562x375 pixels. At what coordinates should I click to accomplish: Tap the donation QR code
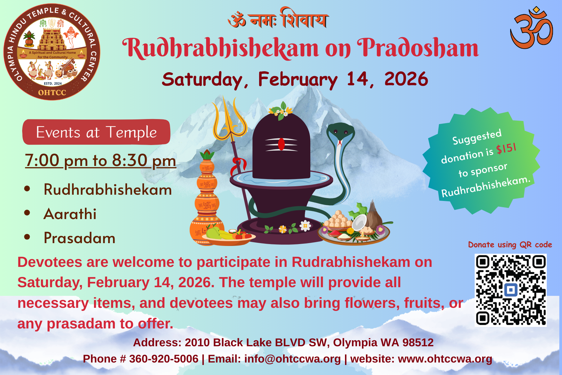tap(510, 290)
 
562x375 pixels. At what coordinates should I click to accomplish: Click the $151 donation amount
tap(506, 148)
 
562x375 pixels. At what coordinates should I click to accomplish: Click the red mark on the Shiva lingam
tap(281, 144)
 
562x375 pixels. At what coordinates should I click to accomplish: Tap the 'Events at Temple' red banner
tap(96, 132)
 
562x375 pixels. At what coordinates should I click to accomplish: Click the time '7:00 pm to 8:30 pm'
tap(101, 160)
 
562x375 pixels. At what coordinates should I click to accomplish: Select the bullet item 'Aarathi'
tap(70, 214)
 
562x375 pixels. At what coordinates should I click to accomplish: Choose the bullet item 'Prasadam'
tap(79, 238)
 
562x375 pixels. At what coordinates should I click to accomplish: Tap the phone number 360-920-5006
tap(164, 359)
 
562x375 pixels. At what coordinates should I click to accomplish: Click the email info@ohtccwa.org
tap(292, 359)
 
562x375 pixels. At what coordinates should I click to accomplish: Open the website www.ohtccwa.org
tap(445, 359)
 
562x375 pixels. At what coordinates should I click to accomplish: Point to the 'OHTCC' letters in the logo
tap(52, 92)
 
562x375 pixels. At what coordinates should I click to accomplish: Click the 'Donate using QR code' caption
tap(510, 245)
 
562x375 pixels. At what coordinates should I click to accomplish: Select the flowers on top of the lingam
tap(281, 111)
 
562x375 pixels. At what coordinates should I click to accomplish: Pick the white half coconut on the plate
tap(359, 222)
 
